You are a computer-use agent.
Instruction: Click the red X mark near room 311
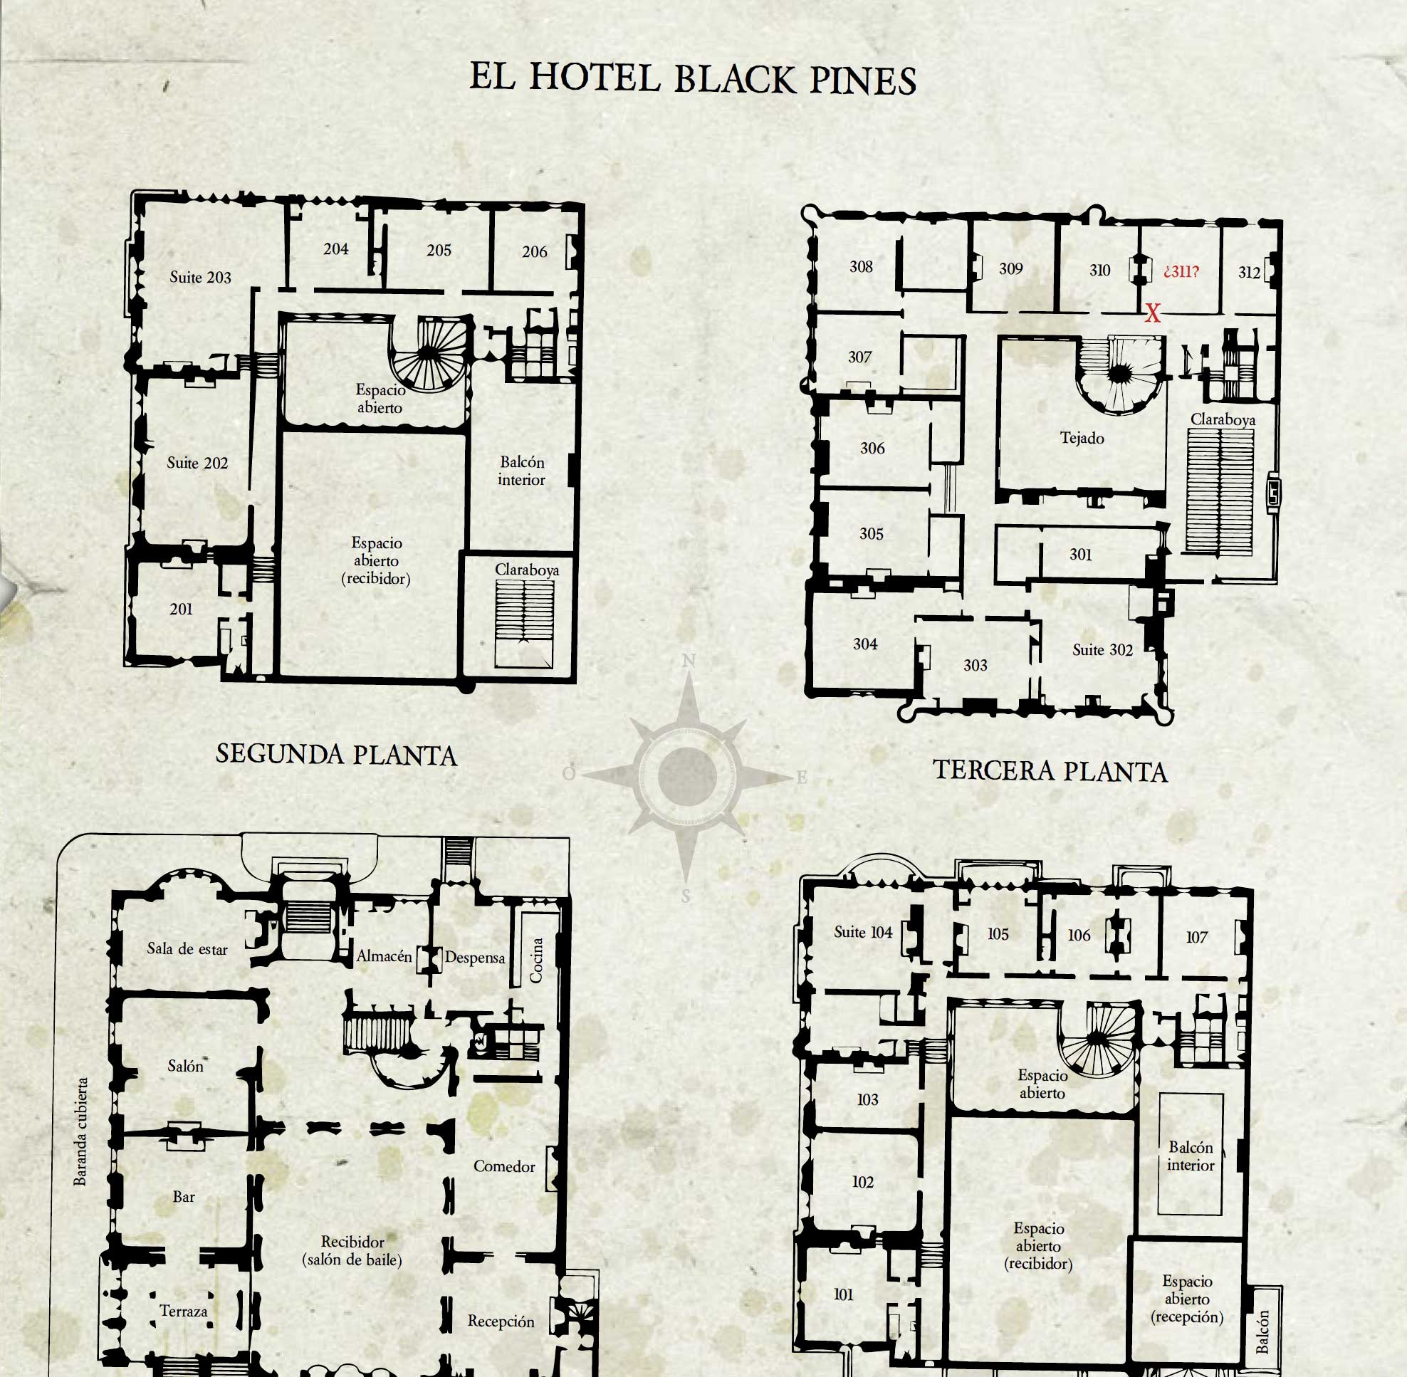(x=1152, y=313)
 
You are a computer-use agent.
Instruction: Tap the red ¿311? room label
(x=1181, y=271)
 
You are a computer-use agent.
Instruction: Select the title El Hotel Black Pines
(x=693, y=78)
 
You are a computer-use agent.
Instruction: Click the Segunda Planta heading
(x=336, y=754)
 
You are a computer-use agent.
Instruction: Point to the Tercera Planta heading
(x=1050, y=770)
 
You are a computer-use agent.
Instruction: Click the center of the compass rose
(x=688, y=775)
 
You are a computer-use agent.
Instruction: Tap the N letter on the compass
(x=689, y=660)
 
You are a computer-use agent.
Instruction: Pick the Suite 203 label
(x=200, y=277)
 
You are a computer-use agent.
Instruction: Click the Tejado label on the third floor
(x=1082, y=438)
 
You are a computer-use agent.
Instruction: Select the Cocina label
(x=536, y=960)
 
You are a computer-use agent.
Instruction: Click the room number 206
(x=535, y=251)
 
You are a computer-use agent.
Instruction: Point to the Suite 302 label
(x=1102, y=649)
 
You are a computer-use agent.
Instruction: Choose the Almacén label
(x=384, y=955)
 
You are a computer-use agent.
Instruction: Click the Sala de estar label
(x=187, y=948)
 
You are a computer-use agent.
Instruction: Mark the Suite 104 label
(x=863, y=931)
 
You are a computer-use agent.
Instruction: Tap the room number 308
(x=861, y=266)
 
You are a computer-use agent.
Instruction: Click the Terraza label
(x=184, y=1311)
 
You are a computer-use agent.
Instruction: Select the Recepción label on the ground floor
(x=501, y=1321)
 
